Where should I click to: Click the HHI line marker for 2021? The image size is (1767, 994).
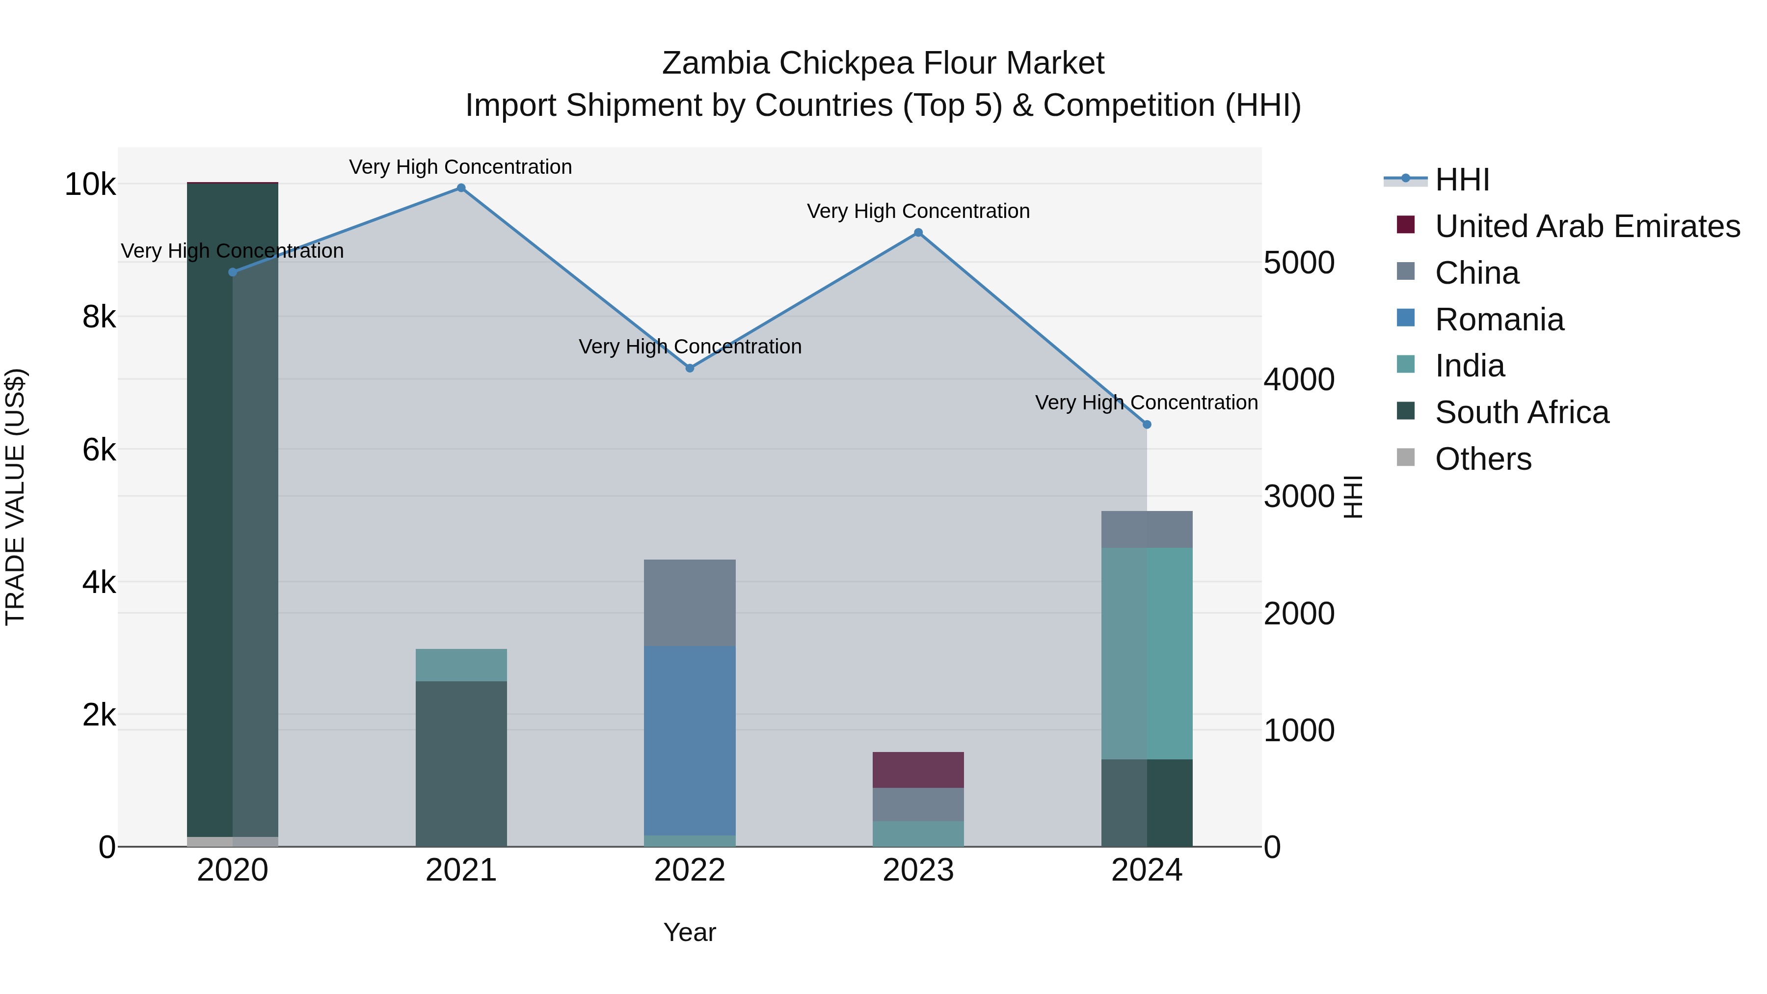[x=461, y=188]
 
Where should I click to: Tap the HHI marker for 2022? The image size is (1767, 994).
[x=690, y=368]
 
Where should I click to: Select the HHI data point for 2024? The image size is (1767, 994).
[x=1147, y=425]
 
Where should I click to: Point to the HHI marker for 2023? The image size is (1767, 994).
[x=918, y=233]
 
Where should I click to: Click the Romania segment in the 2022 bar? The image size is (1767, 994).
[x=690, y=741]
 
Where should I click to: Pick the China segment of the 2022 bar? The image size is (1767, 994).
[x=690, y=602]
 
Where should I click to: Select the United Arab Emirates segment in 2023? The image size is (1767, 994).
[x=918, y=770]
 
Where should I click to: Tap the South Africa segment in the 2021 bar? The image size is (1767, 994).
[x=461, y=763]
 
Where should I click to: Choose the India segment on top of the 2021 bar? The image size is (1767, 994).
[x=461, y=665]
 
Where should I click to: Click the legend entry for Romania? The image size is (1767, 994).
[x=1499, y=320]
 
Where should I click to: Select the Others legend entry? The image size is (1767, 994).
[x=1482, y=459]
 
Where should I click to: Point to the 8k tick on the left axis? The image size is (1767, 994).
[x=99, y=317]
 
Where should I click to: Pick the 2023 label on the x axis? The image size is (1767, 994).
[x=918, y=870]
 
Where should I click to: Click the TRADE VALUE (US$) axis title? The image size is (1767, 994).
[x=16, y=497]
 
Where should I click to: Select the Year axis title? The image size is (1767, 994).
[x=690, y=932]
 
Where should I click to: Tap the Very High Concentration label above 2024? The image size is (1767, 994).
[x=1146, y=403]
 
